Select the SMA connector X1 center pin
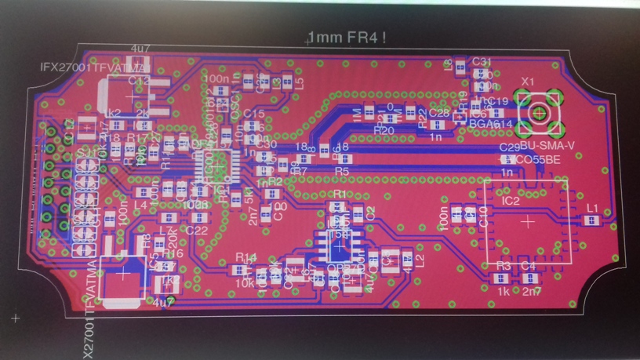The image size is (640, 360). (x=540, y=112)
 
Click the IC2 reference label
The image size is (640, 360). (x=511, y=202)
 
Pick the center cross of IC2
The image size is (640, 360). (x=528, y=222)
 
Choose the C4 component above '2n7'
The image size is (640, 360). (x=529, y=276)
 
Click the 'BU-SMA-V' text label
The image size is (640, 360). (x=547, y=147)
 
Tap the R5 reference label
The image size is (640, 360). (x=341, y=170)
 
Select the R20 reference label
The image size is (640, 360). (x=384, y=129)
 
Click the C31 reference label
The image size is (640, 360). (x=482, y=61)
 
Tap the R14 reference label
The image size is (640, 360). (x=246, y=257)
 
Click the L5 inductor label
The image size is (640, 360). (x=299, y=82)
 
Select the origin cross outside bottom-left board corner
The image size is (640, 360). (x=16, y=318)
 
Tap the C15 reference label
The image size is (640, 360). (x=254, y=115)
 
